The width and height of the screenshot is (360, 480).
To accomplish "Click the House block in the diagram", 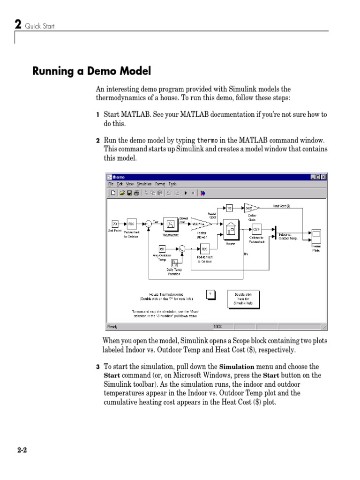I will pyautogui.click(x=230, y=229).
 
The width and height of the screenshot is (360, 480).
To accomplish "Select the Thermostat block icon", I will pyautogui.click(x=171, y=225).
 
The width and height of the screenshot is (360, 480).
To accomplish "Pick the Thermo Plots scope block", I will pyautogui.click(x=316, y=234).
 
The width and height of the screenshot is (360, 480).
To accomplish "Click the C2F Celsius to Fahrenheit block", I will pyautogui.click(x=256, y=229).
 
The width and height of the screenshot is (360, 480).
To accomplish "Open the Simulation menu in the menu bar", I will pyautogui.click(x=144, y=184).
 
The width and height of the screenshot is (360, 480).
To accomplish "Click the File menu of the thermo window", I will pyautogui.click(x=111, y=184).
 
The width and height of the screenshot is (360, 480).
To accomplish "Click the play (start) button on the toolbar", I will pyautogui.click(x=186, y=192).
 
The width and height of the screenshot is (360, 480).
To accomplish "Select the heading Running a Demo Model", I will pyautogui.click(x=92, y=71).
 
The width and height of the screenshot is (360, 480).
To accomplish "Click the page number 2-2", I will pyautogui.click(x=22, y=450).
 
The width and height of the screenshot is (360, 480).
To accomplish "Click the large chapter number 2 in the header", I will pyautogui.click(x=18, y=24).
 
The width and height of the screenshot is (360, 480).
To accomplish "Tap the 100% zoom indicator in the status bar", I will pyautogui.click(x=218, y=326).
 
